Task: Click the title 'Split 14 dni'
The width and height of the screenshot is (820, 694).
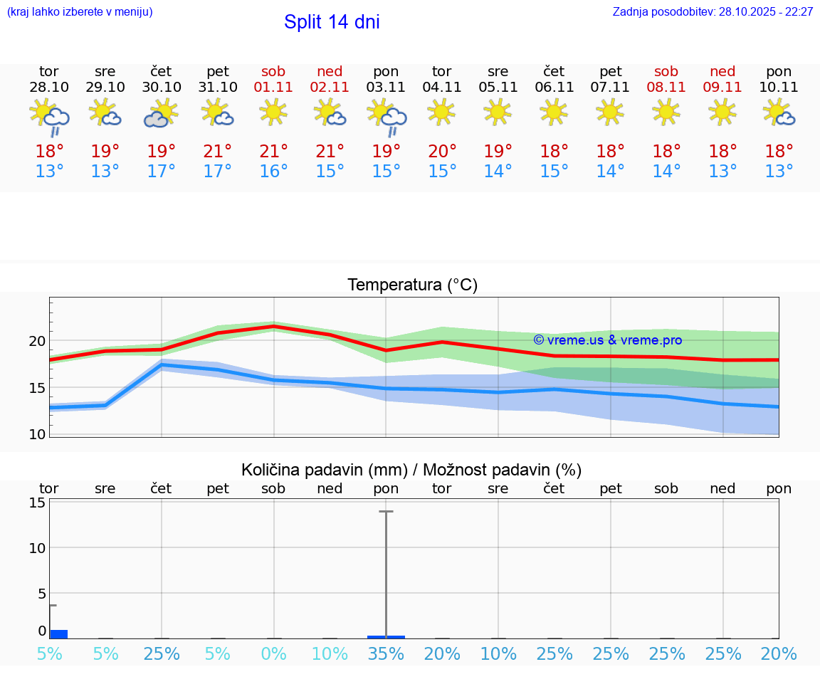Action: tap(332, 22)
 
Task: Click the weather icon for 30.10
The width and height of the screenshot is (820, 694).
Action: tap(161, 113)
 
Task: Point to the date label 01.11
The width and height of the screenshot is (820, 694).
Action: tap(273, 88)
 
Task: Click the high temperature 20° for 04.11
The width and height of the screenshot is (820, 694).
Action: tap(442, 151)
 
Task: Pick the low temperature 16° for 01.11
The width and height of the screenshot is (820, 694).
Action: tap(273, 172)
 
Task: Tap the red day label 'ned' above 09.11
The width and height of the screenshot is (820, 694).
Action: tap(722, 71)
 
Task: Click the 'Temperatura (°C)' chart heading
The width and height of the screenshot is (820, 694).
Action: tap(412, 285)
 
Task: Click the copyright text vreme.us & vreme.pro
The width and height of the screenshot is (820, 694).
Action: tap(607, 340)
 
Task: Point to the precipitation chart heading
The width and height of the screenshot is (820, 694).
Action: tap(411, 470)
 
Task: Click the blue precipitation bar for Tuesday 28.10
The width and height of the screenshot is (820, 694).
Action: tap(58, 633)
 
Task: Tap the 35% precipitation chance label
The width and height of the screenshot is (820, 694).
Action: tap(386, 654)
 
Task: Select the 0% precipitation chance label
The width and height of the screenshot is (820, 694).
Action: tap(273, 654)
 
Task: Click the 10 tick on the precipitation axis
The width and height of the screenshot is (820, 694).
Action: tap(37, 548)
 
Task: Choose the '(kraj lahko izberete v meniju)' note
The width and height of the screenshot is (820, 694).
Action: tap(80, 12)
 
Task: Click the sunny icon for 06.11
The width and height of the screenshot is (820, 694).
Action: tap(554, 112)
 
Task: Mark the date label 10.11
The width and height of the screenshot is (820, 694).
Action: tap(779, 88)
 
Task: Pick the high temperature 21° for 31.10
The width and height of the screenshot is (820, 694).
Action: tap(217, 151)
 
